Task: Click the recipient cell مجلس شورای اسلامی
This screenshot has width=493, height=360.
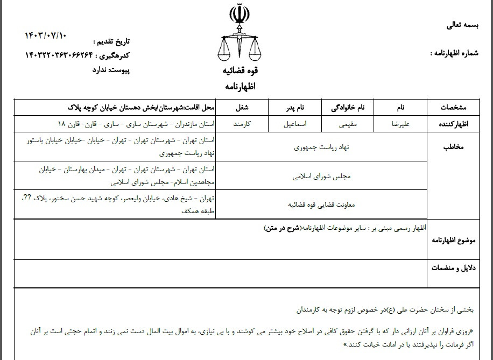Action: click(321, 175)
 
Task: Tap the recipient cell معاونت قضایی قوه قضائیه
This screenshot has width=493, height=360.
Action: click(321, 204)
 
